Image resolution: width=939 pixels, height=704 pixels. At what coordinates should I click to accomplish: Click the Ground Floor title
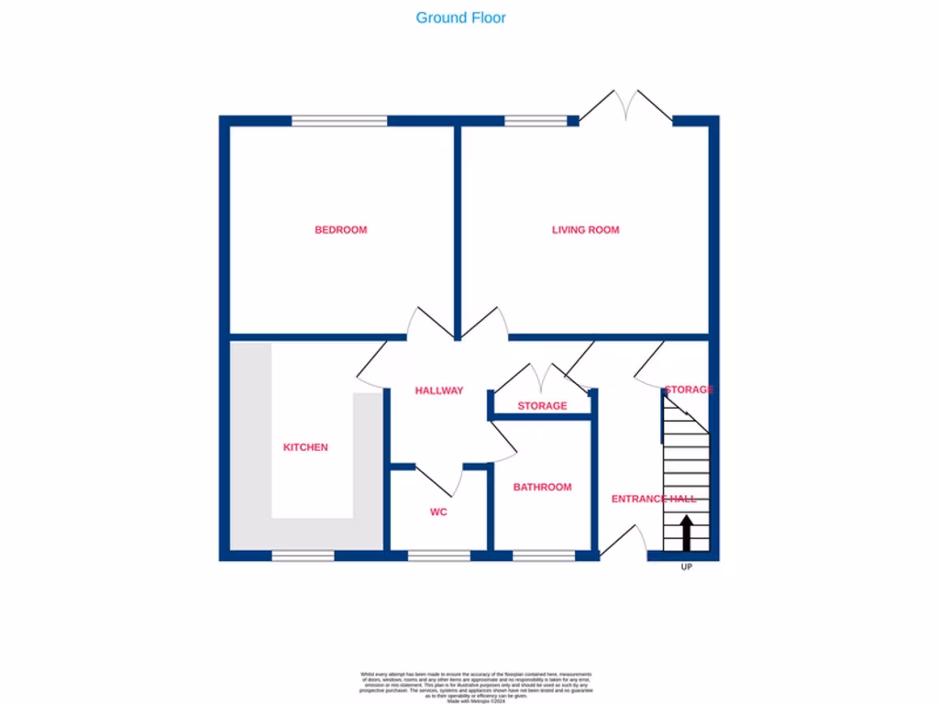(x=460, y=17)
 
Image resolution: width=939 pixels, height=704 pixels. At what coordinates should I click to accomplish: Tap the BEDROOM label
(x=340, y=230)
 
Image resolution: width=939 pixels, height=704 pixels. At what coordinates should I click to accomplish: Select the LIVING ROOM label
(x=585, y=230)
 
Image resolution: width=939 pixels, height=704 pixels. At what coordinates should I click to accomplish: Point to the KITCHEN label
(x=305, y=447)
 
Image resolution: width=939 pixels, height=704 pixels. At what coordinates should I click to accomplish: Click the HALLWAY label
(x=439, y=390)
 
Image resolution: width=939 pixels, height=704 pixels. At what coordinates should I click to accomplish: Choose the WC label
(x=438, y=512)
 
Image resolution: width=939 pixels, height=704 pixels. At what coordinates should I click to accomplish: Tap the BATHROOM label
(x=542, y=488)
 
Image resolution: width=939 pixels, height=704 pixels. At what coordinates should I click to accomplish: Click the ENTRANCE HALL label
(x=654, y=500)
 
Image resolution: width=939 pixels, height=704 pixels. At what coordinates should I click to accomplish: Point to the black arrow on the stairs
(x=685, y=533)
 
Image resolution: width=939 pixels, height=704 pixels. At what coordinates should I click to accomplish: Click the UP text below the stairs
(x=686, y=567)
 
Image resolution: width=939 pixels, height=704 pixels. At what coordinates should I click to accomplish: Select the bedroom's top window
(x=339, y=120)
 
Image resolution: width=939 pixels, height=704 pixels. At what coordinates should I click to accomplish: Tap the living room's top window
(x=536, y=120)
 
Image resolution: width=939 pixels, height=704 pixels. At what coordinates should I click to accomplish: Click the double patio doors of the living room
(x=626, y=105)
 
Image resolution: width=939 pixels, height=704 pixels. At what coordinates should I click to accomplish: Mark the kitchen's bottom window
(x=303, y=555)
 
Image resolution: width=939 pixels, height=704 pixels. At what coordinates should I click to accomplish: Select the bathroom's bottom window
(x=544, y=555)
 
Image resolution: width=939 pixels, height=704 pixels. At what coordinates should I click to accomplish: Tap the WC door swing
(x=438, y=480)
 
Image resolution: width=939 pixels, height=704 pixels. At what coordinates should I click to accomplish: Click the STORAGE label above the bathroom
(x=542, y=406)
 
